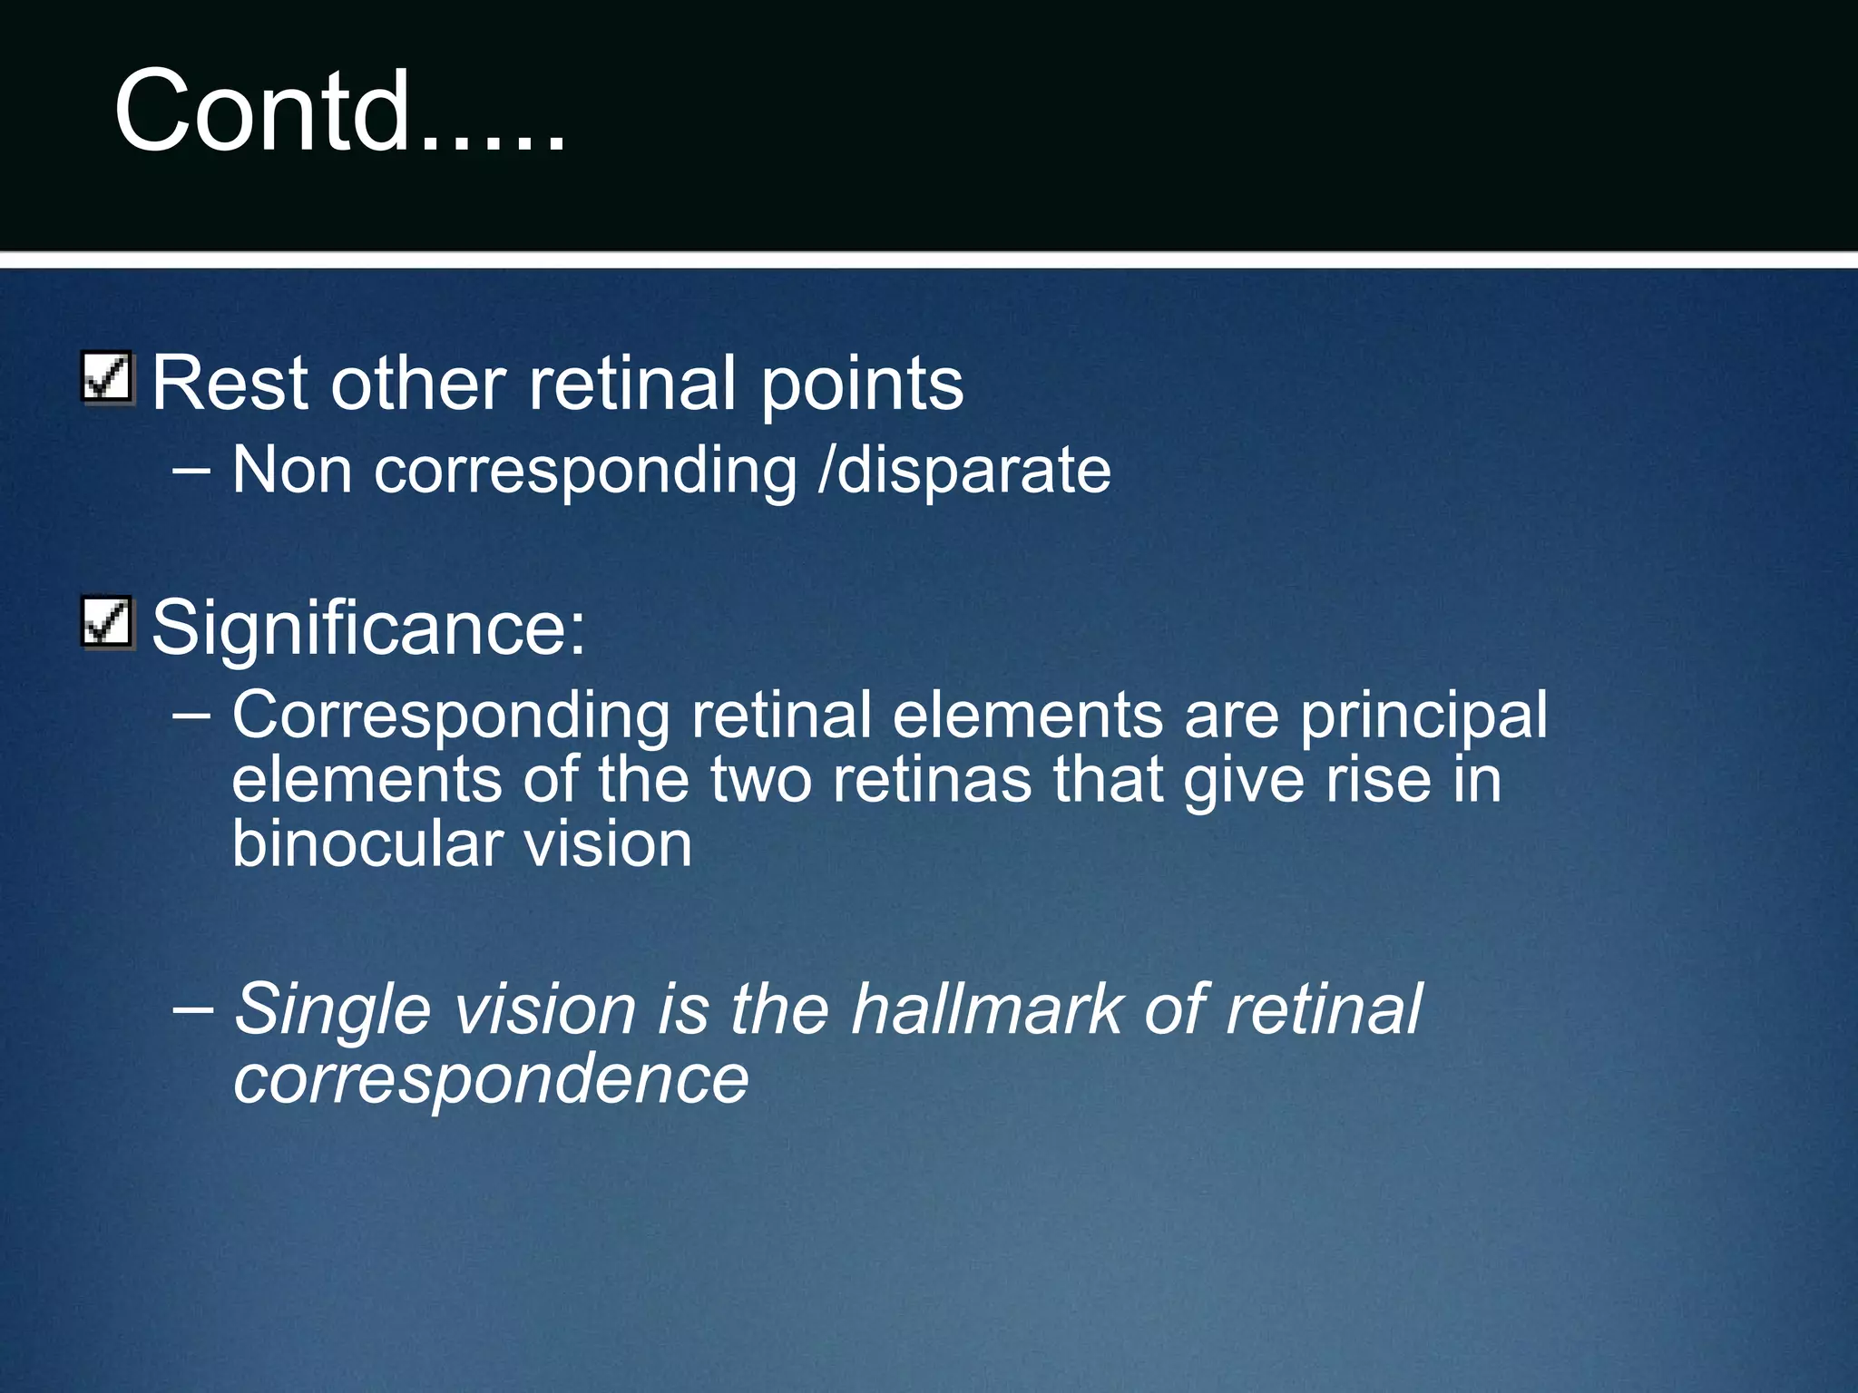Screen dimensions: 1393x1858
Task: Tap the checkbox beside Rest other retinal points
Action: pyautogui.click(x=108, y=376)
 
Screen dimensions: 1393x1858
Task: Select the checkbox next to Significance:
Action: pyautogui.click(x=108, y=622)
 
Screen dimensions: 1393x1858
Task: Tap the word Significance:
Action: pyautogui.click(x=368, y=628)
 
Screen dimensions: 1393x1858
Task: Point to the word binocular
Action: pyautogui.click(x=367, y=844)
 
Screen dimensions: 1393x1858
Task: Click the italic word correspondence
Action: pyautogui.click(x=491, y=1080)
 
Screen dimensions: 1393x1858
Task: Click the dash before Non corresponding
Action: pyautogui.click(x=191, y=471)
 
